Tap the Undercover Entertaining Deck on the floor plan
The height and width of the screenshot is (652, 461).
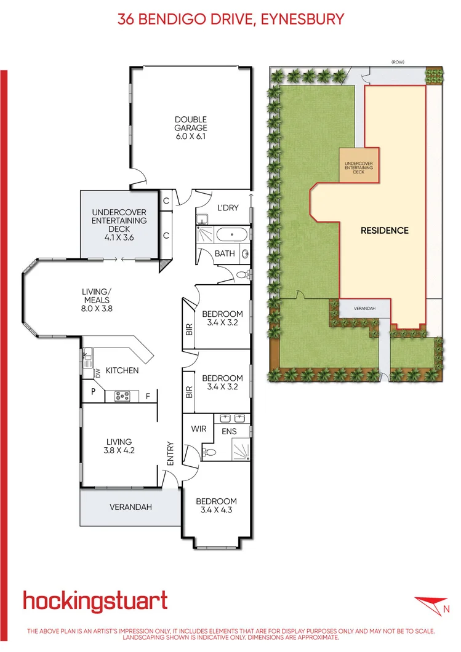click(x=119, y=220)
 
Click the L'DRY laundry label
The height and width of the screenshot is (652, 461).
click(x=228, y=208)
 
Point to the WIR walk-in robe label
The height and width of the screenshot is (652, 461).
click(x=198, y=427)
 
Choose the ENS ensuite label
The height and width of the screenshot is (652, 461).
click(x=229, y=431)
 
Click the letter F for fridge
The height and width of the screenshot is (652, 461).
click(x=148, y=396)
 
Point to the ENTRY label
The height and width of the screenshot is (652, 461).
click(x=170, y=454)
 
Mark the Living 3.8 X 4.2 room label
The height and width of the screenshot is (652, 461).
click(x=119, y=445)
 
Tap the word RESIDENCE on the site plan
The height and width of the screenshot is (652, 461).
click(x=384, y=231)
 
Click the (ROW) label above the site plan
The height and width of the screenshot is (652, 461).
click(x=398, y=62)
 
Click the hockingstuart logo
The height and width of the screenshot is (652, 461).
click(x=95, y=600)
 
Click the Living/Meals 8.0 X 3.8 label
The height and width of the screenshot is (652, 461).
click(x=97, y=300)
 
